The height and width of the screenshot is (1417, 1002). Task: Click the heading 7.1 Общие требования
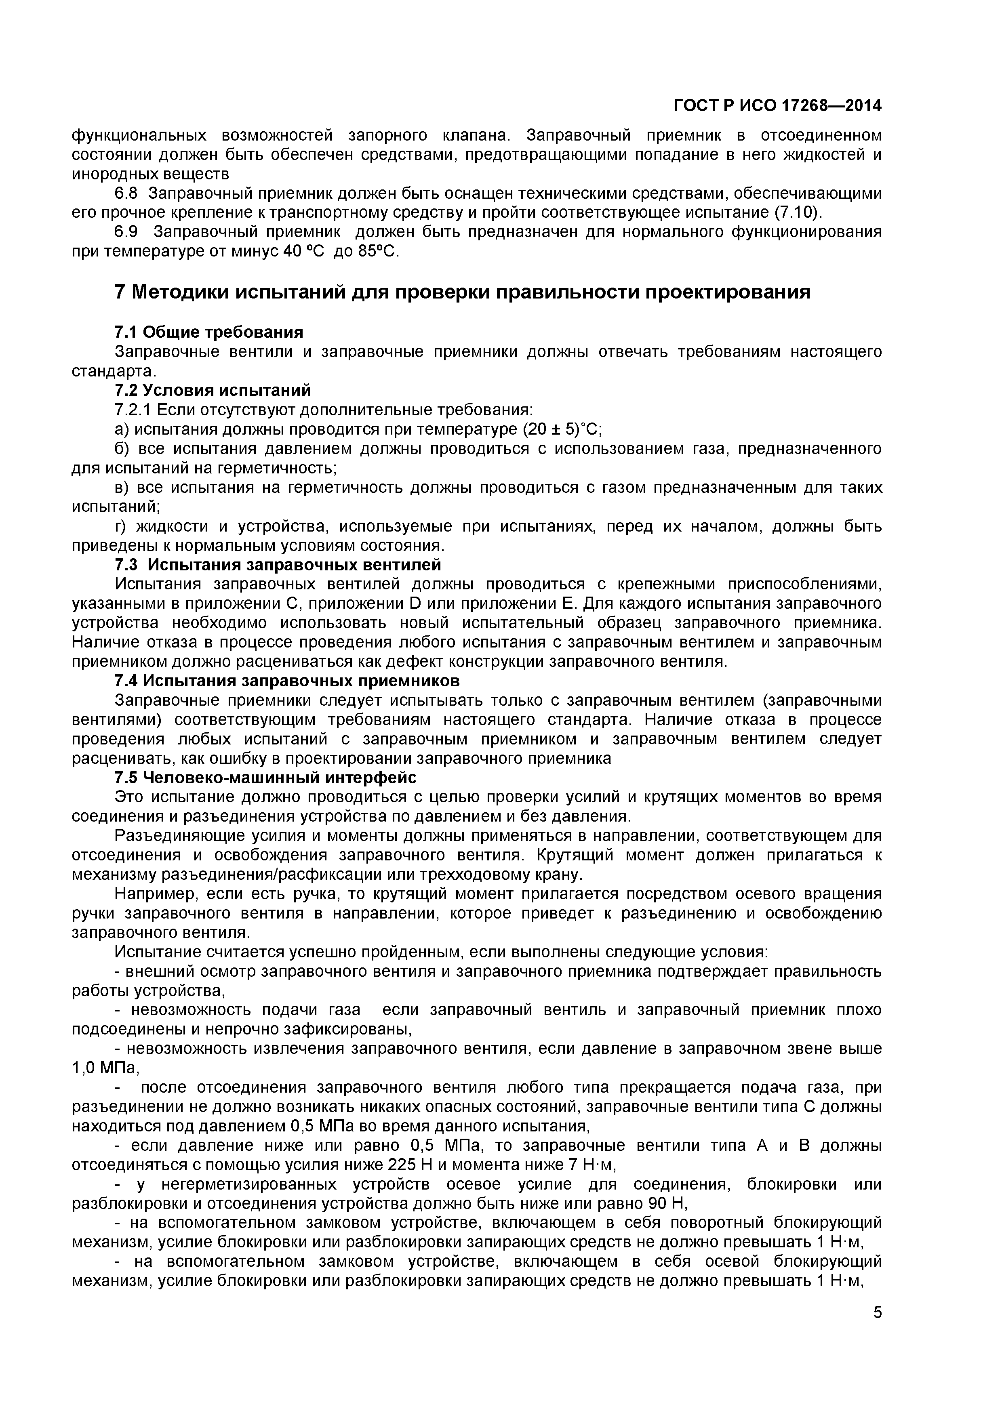[208, 333]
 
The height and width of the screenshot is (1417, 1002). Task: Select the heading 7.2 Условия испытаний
[213, 391]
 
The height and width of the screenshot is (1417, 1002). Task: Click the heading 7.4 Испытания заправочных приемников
[287, 681]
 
